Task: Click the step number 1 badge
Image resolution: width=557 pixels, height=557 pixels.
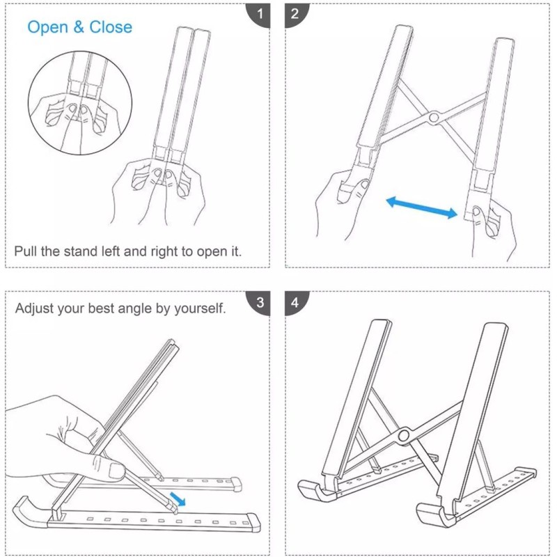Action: point(259,15)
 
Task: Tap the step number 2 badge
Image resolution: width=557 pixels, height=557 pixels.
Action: point(295,15)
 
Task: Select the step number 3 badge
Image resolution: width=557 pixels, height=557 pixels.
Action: point(259,303)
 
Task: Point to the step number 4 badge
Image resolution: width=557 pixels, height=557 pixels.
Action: point(295,303)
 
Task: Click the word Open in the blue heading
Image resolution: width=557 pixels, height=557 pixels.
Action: point(47,28)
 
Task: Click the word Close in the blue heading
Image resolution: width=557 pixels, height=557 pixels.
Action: point(111,27)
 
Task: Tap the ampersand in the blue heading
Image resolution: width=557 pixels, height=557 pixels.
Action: point(79,27)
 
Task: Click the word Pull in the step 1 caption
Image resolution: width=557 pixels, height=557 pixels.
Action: point(26,251)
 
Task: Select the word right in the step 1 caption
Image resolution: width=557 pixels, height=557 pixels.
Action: point(164,252)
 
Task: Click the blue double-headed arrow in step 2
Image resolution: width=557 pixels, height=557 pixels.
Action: point(422,207)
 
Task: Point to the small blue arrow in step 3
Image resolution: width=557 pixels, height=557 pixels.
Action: point(178,499)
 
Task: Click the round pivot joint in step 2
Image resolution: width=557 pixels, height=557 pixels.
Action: point(433,117)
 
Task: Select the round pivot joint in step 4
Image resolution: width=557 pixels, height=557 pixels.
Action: point(404,435)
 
